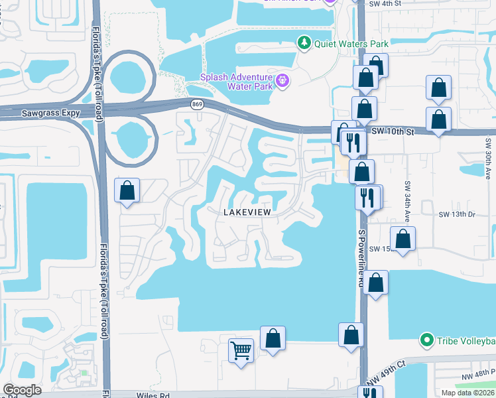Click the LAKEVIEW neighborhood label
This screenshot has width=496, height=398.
point(247,212)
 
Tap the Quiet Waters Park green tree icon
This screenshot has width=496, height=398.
point(304,43)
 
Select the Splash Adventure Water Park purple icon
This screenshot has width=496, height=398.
point(283,81)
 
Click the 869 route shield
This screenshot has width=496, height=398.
point(197,104)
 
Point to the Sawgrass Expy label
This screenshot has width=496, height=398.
point(51,113)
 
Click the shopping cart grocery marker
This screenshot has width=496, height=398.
point(241,350)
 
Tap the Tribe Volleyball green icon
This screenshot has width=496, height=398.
point(428,341)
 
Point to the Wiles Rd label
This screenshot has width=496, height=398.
point(154,395)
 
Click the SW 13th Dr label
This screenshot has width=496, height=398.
point(458,215)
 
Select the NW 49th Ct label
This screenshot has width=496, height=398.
point(392,370)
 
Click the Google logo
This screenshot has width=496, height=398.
point(22,390)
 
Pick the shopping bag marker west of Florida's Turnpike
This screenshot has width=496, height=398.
point(127,191)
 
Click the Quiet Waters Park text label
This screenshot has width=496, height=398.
point(351,43)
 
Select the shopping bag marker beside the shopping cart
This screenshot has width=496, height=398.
point(273,338)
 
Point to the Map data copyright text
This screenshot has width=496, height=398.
point(467,393)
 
